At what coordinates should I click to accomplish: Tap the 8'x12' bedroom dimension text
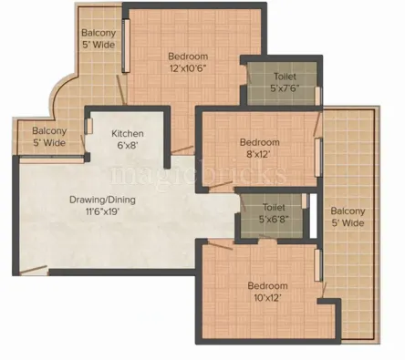[x=258, y=155]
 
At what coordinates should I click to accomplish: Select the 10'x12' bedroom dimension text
[x=268, y=297]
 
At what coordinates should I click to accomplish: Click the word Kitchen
[x=129, y=134]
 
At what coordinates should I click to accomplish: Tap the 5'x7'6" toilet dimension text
[x=282, y=88]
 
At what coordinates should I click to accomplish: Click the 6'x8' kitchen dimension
[x=129, y=146]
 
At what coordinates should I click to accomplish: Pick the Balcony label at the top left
[x=99, y=31]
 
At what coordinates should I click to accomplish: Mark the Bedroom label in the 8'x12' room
[x=258, y=142]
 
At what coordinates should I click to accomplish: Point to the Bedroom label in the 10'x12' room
[x=268, y=284]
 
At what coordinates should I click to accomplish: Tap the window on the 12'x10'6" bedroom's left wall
[x=128, y=40]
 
